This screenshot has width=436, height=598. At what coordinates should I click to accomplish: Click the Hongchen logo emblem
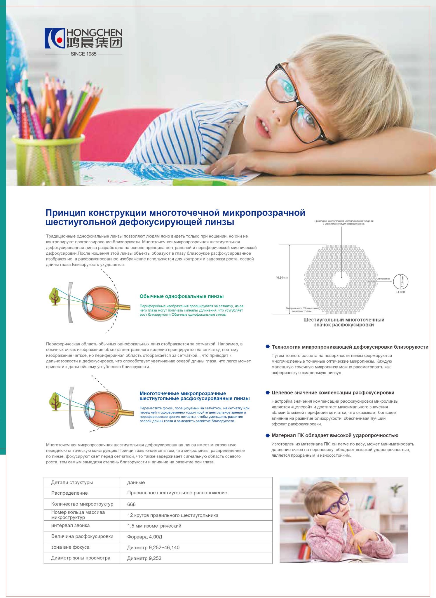[x=55, y=38]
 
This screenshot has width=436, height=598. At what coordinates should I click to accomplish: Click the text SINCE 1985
[x=83, y=54]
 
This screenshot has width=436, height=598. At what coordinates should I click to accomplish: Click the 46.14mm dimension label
[x=282, y=278]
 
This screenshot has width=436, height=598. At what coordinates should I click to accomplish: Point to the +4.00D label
[x=400, y=292]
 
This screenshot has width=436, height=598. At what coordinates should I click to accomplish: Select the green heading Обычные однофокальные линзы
[x=182, y=296]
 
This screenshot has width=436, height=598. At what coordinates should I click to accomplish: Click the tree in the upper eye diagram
[x=55, y=296]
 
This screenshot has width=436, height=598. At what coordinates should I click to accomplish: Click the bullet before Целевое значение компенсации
[x=268, y=392]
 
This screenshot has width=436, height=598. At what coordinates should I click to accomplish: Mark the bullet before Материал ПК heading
[x=268, y=435]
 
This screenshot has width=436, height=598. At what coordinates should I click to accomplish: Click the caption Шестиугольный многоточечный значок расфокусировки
[x=344, y=322]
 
